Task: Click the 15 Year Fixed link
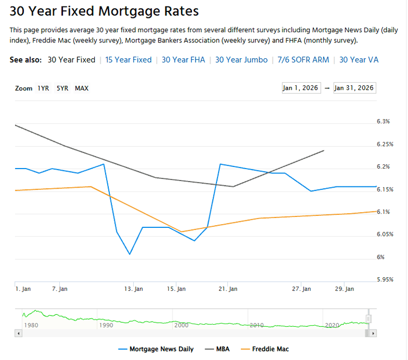128,60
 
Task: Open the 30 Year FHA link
183,60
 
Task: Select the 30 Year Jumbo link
241,60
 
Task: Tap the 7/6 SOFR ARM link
303,60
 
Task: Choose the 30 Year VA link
358,60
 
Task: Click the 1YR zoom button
43,88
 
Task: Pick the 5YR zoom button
62,88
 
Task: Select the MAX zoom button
82,88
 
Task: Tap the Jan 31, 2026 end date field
354,88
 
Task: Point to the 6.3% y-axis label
383,122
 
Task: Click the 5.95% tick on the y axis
385,280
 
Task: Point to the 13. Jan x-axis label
133,289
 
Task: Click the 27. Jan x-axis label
301,289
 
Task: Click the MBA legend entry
217,349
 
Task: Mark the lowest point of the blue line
129,254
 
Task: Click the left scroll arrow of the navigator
18,333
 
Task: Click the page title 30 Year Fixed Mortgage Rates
104,11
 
